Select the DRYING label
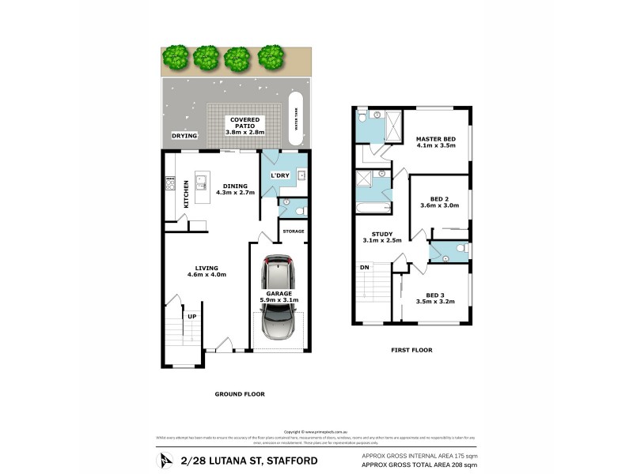[184, 136]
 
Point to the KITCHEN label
[187, 194]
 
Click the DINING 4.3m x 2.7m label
[230, 190]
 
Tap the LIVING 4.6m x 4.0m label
[207, 271]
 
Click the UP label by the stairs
[191, 317]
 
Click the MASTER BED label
[436, 143]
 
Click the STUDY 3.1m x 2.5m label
[382, 236]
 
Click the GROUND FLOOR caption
[240, 393]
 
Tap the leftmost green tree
[176, 57]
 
